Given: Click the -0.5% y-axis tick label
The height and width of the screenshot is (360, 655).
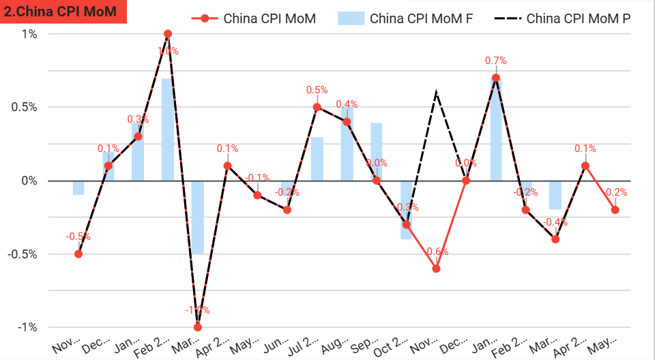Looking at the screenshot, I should point(24,254).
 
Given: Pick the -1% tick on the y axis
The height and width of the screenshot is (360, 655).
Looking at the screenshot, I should point(28,327).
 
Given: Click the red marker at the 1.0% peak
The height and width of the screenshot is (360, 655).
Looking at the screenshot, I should point(168,33).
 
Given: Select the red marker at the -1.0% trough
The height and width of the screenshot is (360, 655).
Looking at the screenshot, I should point(198,327).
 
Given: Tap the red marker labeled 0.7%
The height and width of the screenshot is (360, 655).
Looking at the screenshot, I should point(496,78).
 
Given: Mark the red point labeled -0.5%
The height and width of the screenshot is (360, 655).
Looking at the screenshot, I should point(78,254).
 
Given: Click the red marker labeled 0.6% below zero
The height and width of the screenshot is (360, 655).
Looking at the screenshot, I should point(436,269).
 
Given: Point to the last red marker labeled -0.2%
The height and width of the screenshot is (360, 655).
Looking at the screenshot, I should point(615,210).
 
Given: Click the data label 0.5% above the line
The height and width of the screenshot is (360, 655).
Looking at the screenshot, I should point(317,90).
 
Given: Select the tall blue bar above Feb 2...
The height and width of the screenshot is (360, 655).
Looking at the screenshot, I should point(167,130).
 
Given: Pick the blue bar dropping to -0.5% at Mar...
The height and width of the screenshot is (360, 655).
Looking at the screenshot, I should point(198,217).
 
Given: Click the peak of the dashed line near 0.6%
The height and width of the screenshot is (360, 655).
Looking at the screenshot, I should point(436,93).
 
